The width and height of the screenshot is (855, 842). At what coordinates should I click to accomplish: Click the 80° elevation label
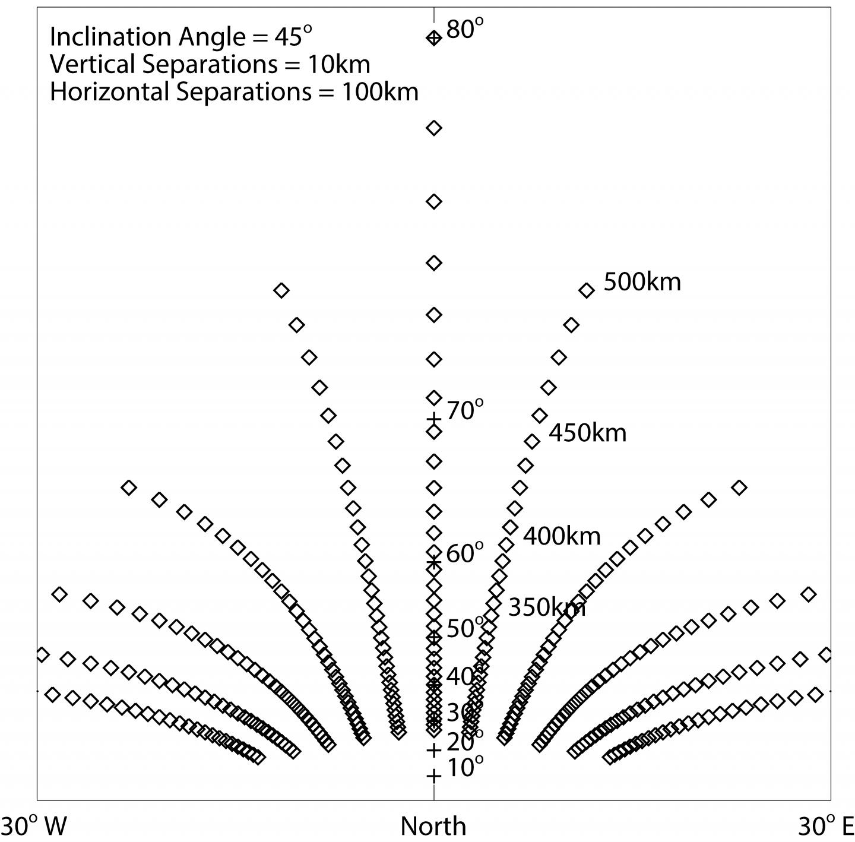465,29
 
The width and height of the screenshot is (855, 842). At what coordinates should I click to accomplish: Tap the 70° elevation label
465,410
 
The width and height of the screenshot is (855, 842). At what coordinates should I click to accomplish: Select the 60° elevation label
465,553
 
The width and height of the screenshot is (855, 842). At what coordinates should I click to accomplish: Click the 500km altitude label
642,281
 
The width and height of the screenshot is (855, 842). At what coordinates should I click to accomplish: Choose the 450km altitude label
587,433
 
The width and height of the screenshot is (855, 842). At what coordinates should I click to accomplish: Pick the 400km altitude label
562,536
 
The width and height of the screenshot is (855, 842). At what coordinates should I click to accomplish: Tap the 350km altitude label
547,607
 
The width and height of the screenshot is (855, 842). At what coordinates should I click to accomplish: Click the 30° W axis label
34,826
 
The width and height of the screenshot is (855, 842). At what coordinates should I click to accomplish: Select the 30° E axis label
825,826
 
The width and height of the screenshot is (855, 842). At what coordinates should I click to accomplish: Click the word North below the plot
433,826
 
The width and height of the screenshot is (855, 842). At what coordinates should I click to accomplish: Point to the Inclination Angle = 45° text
180,36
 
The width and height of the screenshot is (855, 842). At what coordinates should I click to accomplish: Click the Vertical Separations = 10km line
210,64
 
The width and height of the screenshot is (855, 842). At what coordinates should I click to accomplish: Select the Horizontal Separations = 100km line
234,91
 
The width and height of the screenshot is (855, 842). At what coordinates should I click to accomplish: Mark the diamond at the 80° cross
434,38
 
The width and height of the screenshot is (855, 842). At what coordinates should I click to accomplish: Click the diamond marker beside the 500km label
587,290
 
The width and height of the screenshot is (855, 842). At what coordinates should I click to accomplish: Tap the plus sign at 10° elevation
434,775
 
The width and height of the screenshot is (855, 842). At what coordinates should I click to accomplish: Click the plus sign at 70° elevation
434,419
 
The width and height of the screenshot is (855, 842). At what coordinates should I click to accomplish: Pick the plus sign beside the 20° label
434,750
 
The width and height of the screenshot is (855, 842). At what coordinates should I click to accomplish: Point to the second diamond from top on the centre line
434,128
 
